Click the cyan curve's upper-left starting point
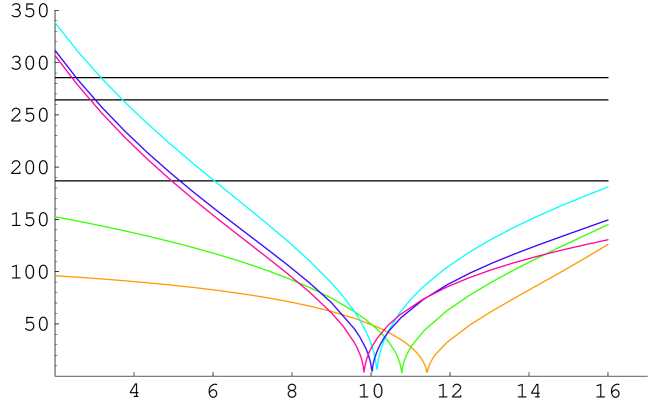click(x=56, y=23)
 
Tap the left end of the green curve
click(x=56, y=217)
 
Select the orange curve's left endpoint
click(x=56, y=275)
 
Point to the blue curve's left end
click(x=56, y=51)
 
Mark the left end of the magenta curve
click(x=56, y=56)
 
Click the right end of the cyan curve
click(x=608, y=187)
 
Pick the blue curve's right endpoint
click(x=608, y=220)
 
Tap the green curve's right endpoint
click(x=608, y=225)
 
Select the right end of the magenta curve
click(x=608, y=240)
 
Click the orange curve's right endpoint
click(x=608, y=244)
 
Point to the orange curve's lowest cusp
click(x=427, y=371)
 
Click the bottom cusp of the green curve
click(x=401, y=371)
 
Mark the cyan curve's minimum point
click(x=377, y=370)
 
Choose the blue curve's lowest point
click(x=371, y=370)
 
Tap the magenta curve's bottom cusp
click(x=364, y=371)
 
